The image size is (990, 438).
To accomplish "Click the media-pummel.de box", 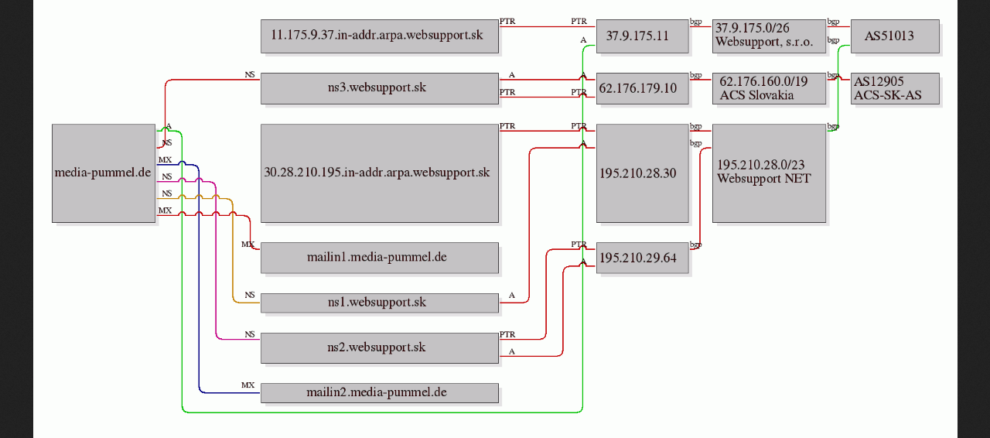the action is [104, 173].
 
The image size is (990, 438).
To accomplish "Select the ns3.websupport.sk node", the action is [380, 88].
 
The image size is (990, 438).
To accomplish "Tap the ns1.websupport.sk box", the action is [380, 303].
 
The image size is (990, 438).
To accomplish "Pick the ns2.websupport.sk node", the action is [380, 348].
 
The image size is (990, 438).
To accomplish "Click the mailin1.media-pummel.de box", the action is [380, 258].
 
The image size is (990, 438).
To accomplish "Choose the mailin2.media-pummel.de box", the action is [380, 393].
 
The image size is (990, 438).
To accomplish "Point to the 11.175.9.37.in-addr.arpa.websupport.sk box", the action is [380, 36].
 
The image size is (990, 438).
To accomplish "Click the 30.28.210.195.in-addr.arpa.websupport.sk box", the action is [380, 173].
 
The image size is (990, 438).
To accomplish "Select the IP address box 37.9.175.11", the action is [643, 36].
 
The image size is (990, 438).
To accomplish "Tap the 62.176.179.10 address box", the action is [643, 88].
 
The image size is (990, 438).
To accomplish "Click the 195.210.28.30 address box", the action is [643, 173].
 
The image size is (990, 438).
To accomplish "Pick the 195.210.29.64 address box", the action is [643, 258].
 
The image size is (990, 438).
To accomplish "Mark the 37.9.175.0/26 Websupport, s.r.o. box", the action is [769, 36].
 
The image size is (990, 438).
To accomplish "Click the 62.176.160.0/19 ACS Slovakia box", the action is [769, 88].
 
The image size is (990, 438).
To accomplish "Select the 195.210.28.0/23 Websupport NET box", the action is [769, 173].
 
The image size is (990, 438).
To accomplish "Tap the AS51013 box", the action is [895, 36].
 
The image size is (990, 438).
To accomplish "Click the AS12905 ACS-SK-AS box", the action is [895, 88].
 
